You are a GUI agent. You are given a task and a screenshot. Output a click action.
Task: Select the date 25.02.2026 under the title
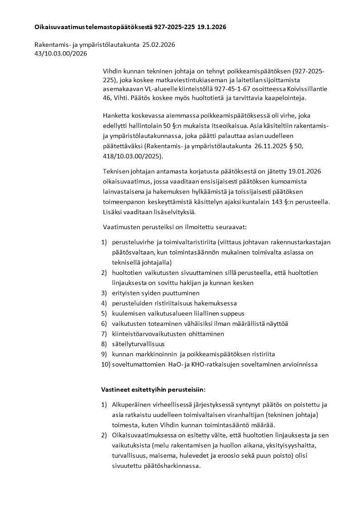point(159,45)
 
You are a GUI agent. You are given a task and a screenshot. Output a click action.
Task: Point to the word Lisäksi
point(113,212)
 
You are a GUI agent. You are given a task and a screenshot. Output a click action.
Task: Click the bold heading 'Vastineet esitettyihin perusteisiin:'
point(153,390)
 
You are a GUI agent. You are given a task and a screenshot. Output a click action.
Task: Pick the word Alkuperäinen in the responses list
point(131,405)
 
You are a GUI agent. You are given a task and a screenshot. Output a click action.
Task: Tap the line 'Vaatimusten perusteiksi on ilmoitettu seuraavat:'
point(175,226)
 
